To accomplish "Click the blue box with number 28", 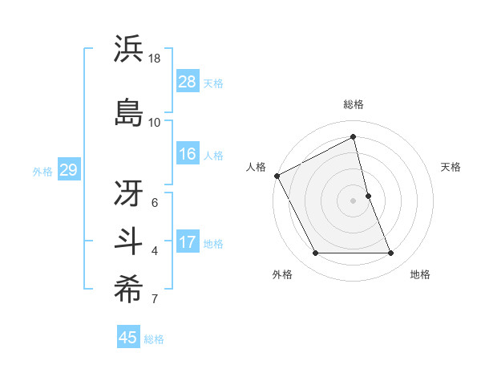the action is (x=188, y=82).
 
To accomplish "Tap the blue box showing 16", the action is (x=188, y=154).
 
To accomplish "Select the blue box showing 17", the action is (x=188, y=243).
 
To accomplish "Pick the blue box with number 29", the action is (x=68, y=170).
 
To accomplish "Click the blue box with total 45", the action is (x=128, y=338).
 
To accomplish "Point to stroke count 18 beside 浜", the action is (x=156, y=59).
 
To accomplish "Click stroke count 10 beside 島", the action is (x=155, y=122).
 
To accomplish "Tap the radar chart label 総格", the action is (x=354, y=104).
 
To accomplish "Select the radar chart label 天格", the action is (x=451, y=167).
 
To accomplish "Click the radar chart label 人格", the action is (x=256, y=167).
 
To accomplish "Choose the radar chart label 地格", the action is (x=420, y=274).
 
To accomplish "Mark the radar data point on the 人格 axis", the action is (x=277, y=176).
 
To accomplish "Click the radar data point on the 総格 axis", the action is (x=354, y=136).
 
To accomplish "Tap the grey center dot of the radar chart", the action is (x=354, y=201).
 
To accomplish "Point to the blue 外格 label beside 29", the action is (x=42, y=171).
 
